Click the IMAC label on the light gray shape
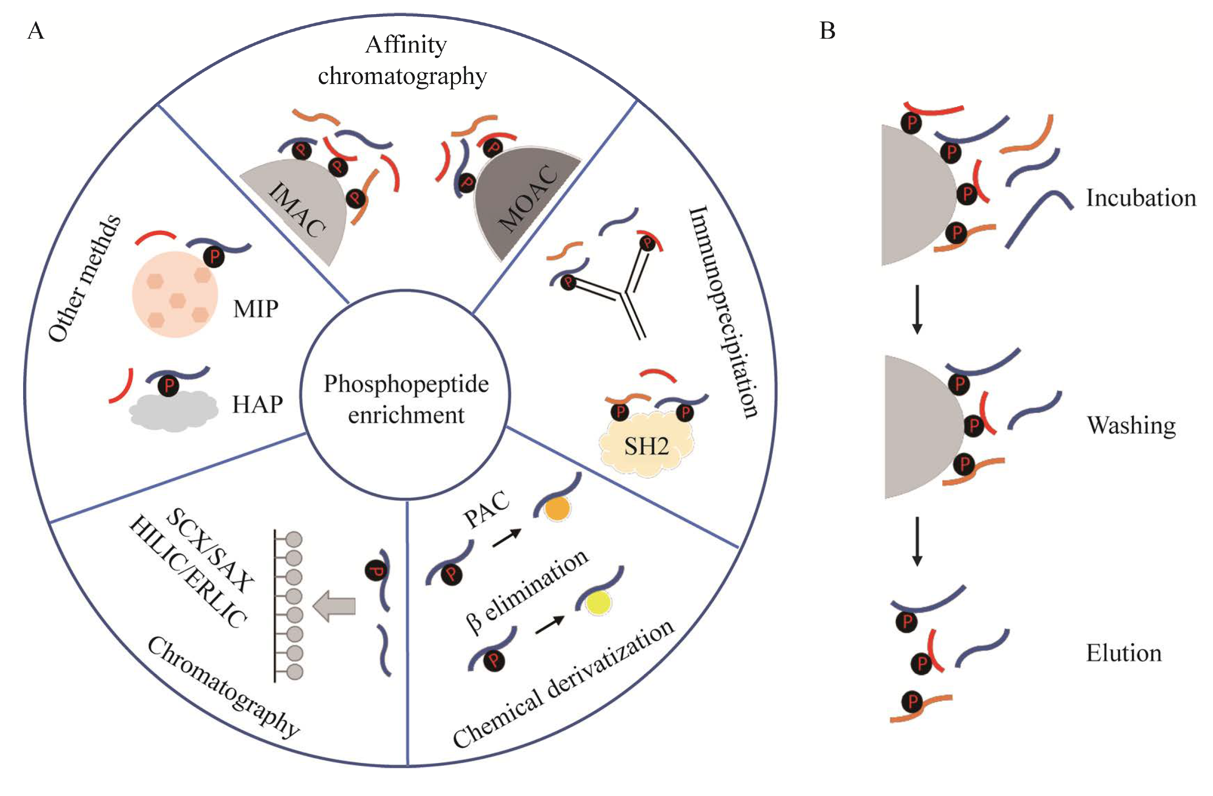click(297, 210)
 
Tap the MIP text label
click(256, 309)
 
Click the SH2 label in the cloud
click(646, 447)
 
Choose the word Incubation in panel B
click(1141, 198)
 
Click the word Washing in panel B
click(1131, 425)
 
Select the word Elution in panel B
click(1124, 653)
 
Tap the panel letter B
click(827, 31)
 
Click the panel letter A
click(36, 31)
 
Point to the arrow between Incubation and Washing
click(917, 310)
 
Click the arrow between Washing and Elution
click(917, 541)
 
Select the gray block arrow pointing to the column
click(335, 606)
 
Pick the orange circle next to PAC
click(557, 509)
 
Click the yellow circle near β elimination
click(598, 603)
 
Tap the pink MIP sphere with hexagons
click(175, 294)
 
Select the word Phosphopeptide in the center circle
click(406, 384)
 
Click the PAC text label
click(485, 510)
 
